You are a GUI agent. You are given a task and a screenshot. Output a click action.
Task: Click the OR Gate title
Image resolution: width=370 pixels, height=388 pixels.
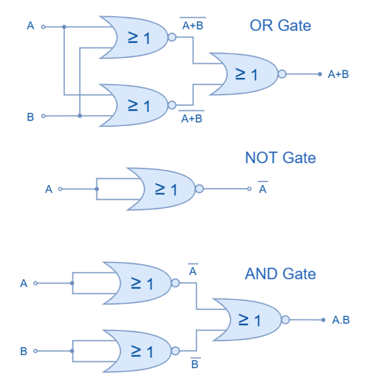point(280,26)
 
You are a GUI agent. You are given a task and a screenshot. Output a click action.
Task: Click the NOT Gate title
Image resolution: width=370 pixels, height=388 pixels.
point(280,158)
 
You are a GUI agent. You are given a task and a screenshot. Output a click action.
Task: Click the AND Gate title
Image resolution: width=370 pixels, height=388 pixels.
point(280,274)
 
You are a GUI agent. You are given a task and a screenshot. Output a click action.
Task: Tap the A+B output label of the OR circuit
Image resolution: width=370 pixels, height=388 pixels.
point(338,74)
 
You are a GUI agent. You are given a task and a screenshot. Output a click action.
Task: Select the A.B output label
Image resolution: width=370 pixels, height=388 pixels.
point(341,319)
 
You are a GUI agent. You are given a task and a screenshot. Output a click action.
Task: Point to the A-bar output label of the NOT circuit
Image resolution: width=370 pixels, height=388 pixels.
point(263,189)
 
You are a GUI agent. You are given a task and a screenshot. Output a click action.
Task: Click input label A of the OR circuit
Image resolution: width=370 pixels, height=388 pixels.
point(30,26)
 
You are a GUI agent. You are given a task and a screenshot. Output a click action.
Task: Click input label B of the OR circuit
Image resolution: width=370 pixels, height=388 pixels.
point(30,116)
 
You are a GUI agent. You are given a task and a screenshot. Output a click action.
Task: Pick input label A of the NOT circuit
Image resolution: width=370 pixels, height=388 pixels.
point(49,189)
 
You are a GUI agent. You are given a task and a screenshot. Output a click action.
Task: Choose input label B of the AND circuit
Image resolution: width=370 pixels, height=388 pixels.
point(23,351)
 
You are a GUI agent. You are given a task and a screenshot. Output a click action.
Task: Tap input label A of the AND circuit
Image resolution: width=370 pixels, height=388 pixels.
point(23,283)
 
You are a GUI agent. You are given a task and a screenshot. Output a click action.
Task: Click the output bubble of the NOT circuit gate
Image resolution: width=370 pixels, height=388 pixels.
point(199,189)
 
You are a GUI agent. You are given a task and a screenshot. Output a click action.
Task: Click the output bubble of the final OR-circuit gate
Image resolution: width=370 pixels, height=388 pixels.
point(282,74)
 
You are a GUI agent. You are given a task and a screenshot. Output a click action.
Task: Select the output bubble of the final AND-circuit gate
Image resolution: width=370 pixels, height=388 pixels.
point(285,319)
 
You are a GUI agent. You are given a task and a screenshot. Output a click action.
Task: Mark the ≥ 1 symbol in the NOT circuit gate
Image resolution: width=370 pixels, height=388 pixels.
point(165,189)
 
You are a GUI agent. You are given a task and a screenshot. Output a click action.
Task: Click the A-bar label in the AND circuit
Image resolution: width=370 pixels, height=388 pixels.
point(193,271)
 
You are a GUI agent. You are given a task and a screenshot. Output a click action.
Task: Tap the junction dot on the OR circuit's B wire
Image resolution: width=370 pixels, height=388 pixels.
point(80,116)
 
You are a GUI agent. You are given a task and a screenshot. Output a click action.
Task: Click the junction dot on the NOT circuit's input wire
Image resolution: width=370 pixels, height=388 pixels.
point(96,189)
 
